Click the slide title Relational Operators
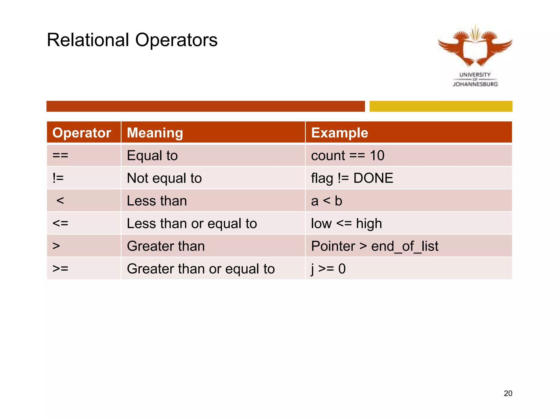click(132, 40)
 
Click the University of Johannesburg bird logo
click(475, 46)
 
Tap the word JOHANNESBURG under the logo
click(475, 84)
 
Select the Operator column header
click(82, 133)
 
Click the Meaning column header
click(155, 133)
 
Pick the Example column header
click(340, 133)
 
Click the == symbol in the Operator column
click(60, 155)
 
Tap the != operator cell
click(58, 178)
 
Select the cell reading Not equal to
click(164, 178)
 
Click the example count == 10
click(348, 155)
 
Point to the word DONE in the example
click(373, 178)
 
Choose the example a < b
click(326, 201)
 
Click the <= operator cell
click(60, 223)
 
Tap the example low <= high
click(346, 223)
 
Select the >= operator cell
click(60, 269)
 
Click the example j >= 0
click(328, 269)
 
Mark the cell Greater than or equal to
click(201, 269)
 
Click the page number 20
click(508, 393)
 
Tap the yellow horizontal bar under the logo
click(441, 106)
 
